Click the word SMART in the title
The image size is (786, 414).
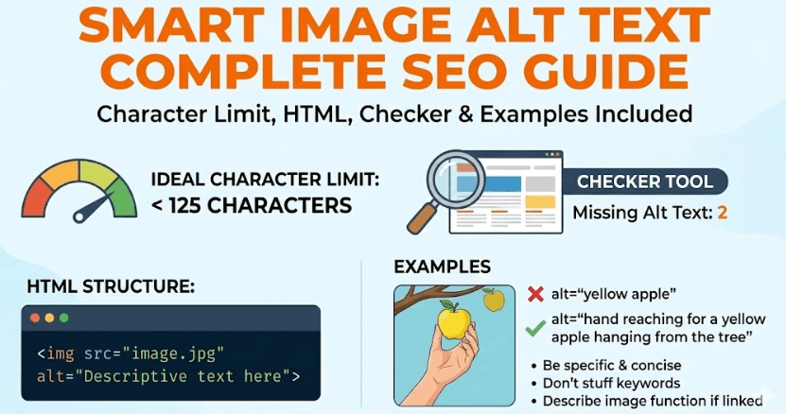(x=181, y=26)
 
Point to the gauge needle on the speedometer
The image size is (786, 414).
(x=96, y=203)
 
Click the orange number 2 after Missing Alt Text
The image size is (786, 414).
(x=723, y=213)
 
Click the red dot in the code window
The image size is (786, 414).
(x=36, y=318)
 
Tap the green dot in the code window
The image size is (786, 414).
(x=64, y=318)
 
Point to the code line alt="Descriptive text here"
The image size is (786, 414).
(x=169, y=378)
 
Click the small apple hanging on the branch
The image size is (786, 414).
(x=493, y=301)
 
